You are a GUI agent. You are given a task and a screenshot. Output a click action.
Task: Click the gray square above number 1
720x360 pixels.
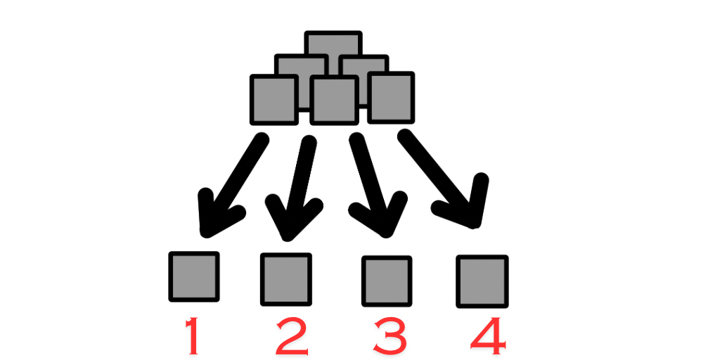(193, 276)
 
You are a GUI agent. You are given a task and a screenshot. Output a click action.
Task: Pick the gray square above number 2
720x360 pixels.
(285, 279)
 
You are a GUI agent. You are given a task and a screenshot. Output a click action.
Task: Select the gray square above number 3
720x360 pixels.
(386, 281)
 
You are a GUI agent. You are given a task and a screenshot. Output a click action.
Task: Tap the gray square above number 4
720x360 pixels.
(482, 281)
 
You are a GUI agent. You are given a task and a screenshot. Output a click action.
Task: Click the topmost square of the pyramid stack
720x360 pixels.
(333, 44)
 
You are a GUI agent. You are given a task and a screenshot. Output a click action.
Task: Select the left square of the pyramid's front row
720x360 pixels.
(274, 98)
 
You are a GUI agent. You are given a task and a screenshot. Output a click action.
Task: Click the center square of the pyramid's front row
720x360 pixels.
(334, 101)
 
